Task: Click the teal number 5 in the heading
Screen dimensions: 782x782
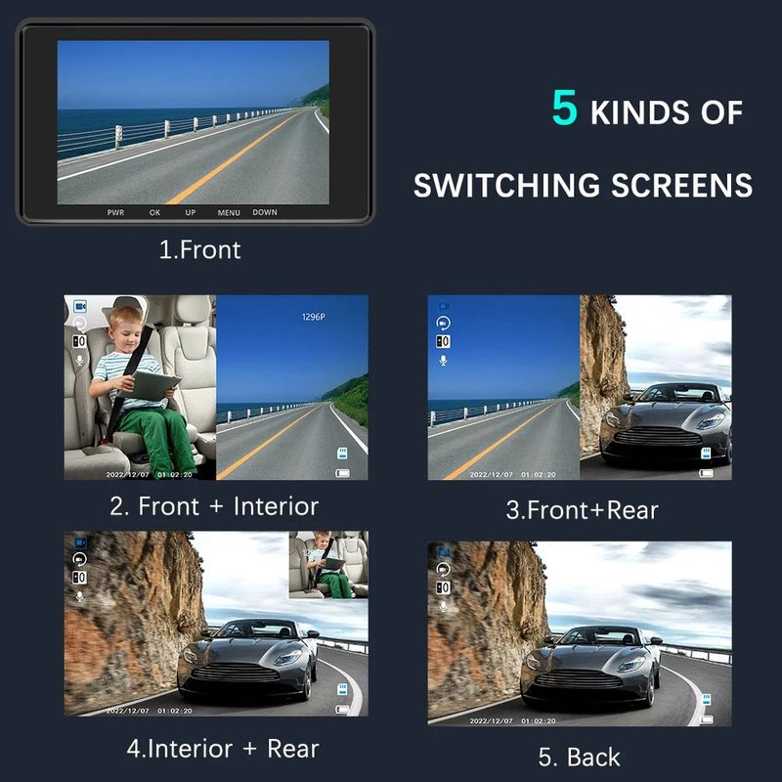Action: coord(565,109)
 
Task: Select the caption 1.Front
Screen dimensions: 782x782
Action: coord(199,249)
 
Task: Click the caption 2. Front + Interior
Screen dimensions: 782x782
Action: coord(214,506)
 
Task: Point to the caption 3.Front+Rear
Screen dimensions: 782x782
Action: coord(582,509)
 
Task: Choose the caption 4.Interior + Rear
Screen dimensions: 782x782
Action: coord(222,750)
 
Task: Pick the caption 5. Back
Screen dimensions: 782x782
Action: coord(580,757)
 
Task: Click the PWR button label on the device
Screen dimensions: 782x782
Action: coord(115,212)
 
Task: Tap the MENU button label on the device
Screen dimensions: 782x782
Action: coord(229,212)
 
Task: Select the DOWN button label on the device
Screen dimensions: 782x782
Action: coord(265,212)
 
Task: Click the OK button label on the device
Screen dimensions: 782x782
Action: coord(154,212)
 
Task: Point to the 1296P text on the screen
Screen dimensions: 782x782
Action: coord(313,318)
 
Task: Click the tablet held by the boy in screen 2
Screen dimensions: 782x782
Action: coord(155,385)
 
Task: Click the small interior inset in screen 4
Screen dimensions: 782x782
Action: coord(328,565)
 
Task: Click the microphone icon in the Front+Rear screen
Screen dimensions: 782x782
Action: coord(443,361)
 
